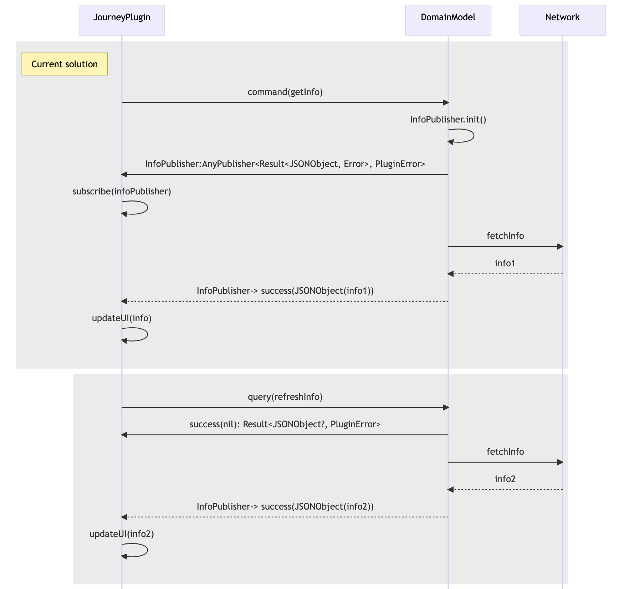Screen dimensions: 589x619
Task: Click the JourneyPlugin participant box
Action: pos(122,17)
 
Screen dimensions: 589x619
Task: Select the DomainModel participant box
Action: pos(448,17)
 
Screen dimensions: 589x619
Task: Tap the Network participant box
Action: pos(562,17)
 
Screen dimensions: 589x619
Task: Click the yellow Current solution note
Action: pos(65,64)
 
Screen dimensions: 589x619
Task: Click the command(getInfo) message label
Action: pos(285,92)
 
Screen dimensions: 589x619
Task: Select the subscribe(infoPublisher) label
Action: pos(122,192)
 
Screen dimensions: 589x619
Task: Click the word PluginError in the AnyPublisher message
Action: pos(400,164)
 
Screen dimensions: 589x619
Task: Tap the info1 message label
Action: pos(505,264)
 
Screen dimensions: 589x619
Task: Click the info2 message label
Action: pos(505,479)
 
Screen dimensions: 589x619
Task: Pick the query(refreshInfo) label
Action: pos(285,397)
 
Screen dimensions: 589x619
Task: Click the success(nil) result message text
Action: pos(285,424)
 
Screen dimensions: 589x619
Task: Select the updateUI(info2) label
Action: pos(122,534)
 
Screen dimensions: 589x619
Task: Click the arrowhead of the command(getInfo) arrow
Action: pos(446,103)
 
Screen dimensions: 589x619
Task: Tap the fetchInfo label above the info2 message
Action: pos(505,452)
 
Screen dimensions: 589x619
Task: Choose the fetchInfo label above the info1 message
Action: pos(505,236)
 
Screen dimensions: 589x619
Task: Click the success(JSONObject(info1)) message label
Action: pos(285,291)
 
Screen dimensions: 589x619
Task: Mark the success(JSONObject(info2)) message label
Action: pos(285,507)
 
